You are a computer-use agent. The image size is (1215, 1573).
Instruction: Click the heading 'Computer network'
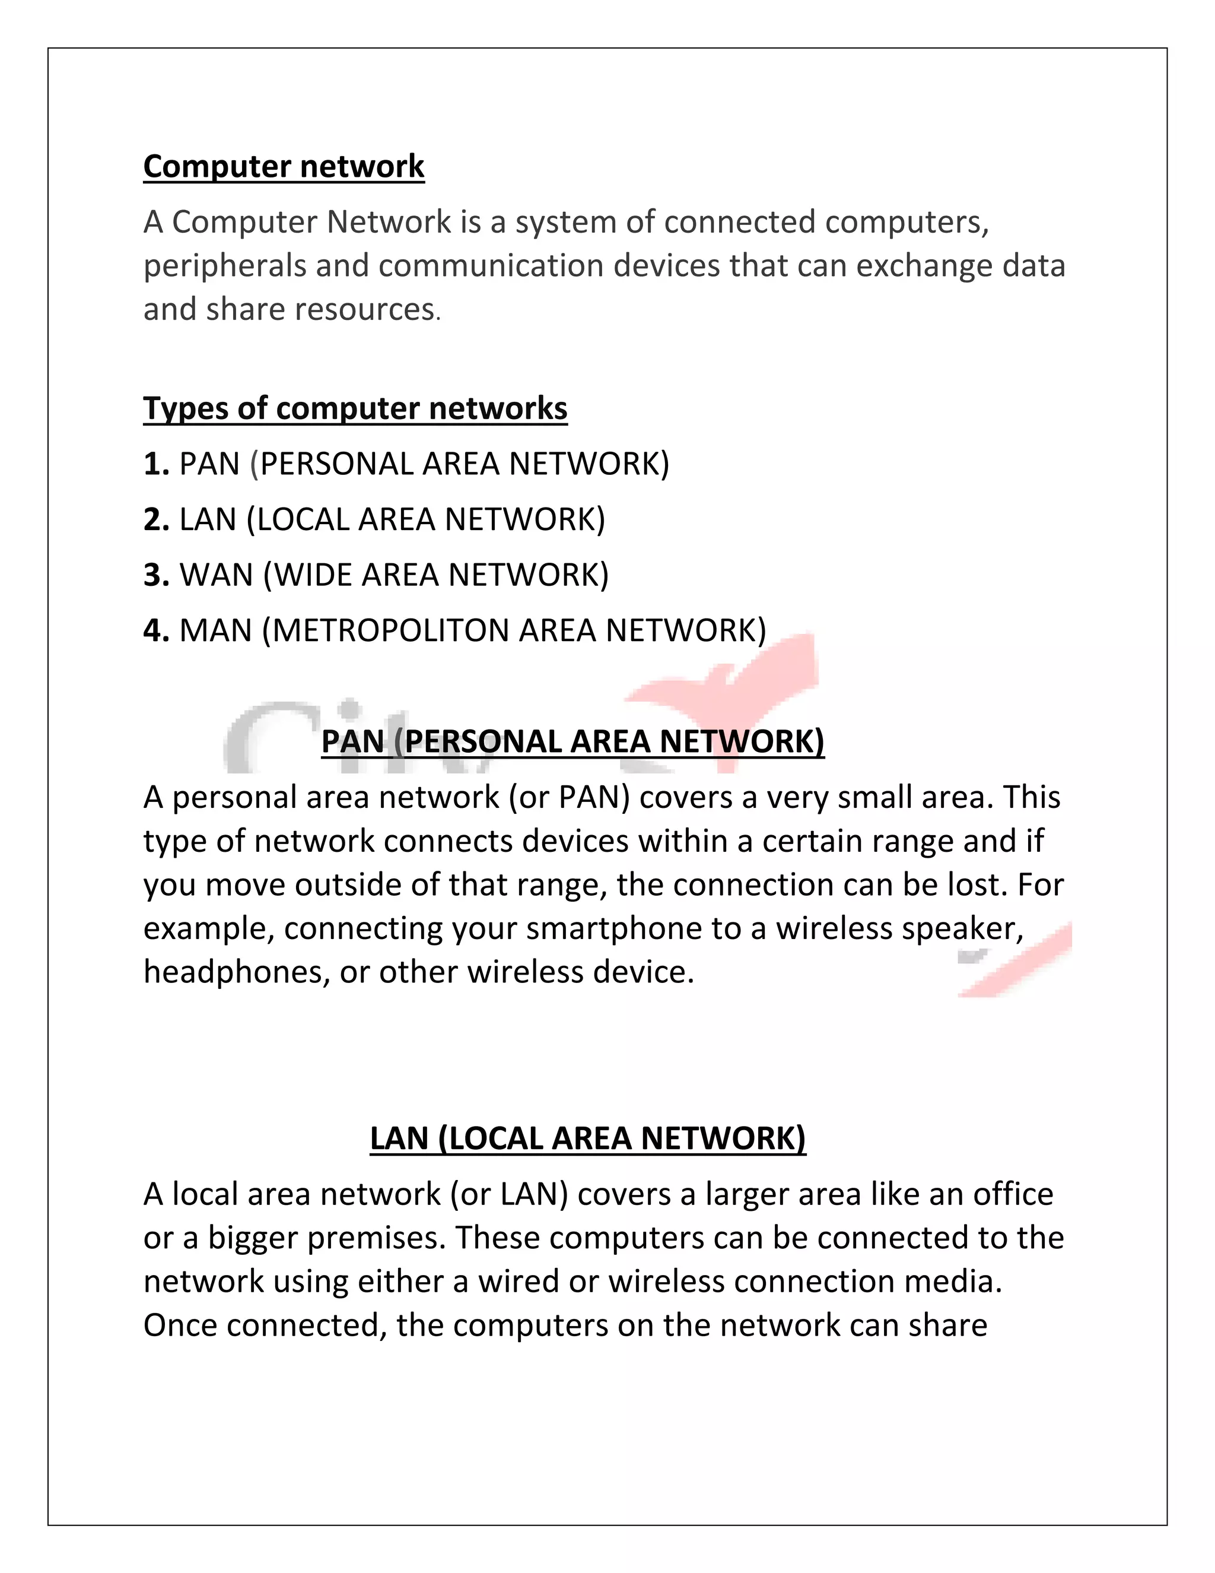[x=284, y=166]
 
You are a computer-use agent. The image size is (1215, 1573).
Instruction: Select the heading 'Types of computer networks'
[x=355, y=408]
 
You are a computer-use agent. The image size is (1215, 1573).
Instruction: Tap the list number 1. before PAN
[x=155, y=464]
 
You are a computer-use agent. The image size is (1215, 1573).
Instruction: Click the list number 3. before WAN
[x=155, y=575]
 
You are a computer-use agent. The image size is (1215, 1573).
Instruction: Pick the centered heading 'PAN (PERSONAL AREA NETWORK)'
[x=572, y=742]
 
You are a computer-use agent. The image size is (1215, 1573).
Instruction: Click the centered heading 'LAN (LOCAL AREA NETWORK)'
[x=587, y=1138]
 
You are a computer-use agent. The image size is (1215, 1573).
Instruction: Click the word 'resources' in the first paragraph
[x=364, y=310]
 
